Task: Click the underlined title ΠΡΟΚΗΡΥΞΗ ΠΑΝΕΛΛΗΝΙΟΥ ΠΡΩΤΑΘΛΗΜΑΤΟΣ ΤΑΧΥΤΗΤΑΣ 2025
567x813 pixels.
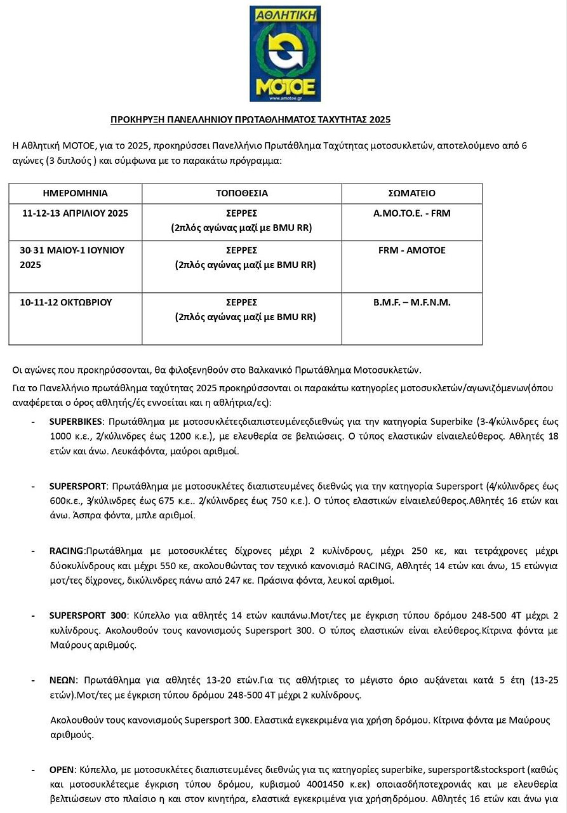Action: click(x=250, y=119)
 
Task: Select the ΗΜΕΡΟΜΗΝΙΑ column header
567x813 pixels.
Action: click(x=75, y=193)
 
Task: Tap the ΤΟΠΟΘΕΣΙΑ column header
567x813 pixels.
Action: click(x=242, y=193)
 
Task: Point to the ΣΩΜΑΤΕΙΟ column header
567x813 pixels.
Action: click(x=411, y=193)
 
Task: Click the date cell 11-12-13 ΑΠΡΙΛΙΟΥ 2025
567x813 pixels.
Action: click(x=75, y=213)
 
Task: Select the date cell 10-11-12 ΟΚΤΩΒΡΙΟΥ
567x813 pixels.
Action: click(x=66, y=302)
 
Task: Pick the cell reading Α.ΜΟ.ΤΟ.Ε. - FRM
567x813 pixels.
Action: click(x=411, y=213)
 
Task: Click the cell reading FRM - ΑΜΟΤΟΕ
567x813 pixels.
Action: click(x=411, y=250)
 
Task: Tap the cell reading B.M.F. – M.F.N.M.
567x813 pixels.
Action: click(x=411, y=302)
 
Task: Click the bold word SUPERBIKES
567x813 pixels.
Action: click(x=76, y=421)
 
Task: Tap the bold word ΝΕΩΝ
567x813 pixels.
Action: click(x=62, y=680)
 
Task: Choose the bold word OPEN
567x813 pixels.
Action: click(x=62, y=770)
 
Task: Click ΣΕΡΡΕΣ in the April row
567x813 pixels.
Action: click(x=242, y=213)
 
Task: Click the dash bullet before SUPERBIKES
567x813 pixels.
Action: click(x=33, y=421)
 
